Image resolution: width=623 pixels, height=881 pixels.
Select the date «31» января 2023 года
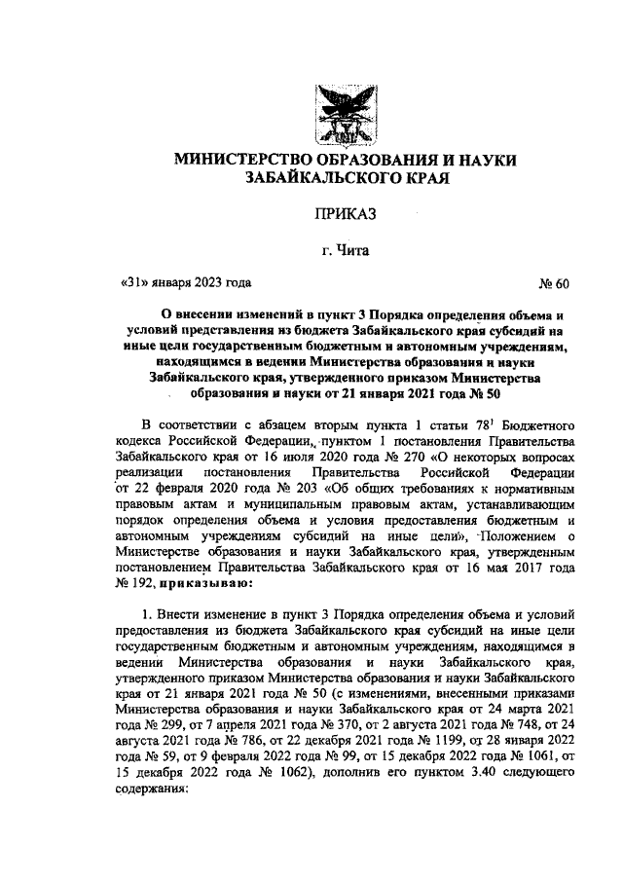[x=185, y=284]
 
